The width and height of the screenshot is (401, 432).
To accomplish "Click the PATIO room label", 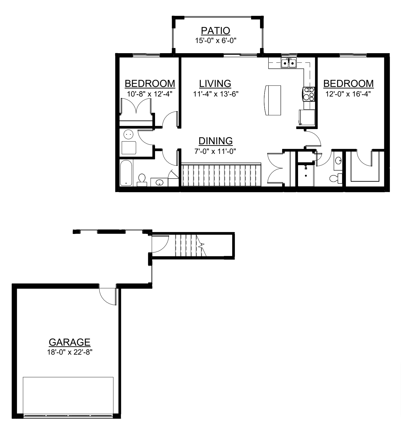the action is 215,31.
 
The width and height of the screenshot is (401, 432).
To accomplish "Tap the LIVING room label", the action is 215,84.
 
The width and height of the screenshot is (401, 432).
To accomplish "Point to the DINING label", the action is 215,141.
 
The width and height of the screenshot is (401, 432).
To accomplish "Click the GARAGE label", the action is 69,342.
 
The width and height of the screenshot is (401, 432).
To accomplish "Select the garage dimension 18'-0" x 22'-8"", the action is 70,352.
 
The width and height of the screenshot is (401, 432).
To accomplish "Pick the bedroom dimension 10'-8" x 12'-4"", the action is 150,94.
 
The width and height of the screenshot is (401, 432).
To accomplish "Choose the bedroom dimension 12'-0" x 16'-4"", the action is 348,94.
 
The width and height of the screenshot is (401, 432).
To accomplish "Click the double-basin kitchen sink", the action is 288,63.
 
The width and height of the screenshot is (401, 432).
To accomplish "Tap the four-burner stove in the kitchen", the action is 308,94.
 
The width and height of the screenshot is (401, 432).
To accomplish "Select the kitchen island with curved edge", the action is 272,100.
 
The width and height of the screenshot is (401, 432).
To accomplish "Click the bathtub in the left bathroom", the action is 126,173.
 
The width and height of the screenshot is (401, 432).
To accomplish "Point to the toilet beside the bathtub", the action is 142,180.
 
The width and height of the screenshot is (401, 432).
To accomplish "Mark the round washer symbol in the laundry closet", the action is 128,135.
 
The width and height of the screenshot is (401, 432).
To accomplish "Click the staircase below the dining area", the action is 221,175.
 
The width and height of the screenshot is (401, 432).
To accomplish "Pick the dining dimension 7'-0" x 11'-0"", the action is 215,151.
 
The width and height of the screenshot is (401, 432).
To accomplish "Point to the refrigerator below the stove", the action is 307,117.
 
